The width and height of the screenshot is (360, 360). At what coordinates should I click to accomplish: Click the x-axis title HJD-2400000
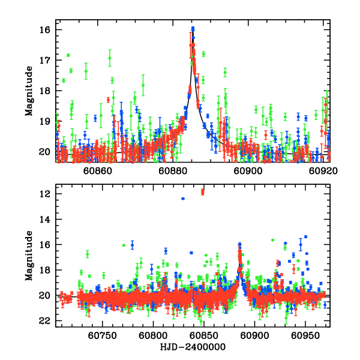pyautogui.click(x=193, y=347)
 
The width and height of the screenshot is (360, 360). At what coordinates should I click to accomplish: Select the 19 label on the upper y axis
pyautogui.click(x=45, y=121)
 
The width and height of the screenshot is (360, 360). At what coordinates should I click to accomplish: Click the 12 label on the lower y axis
pyautogui.click(x=45, y=194)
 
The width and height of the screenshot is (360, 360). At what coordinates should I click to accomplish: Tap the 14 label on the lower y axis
pyautogui.click(x=45, y=220)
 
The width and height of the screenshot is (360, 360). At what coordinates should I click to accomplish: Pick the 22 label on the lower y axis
pyautogui.click(x=45, y=321)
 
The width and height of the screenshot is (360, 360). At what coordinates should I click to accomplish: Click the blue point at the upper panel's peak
pyautogui.click(x=193, y=28)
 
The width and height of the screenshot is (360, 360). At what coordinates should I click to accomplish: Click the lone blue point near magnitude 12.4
pyautogui.click(x=183, y=199)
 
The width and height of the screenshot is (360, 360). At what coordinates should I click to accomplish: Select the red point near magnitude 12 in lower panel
pyautogui.click(x=203, y=192)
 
